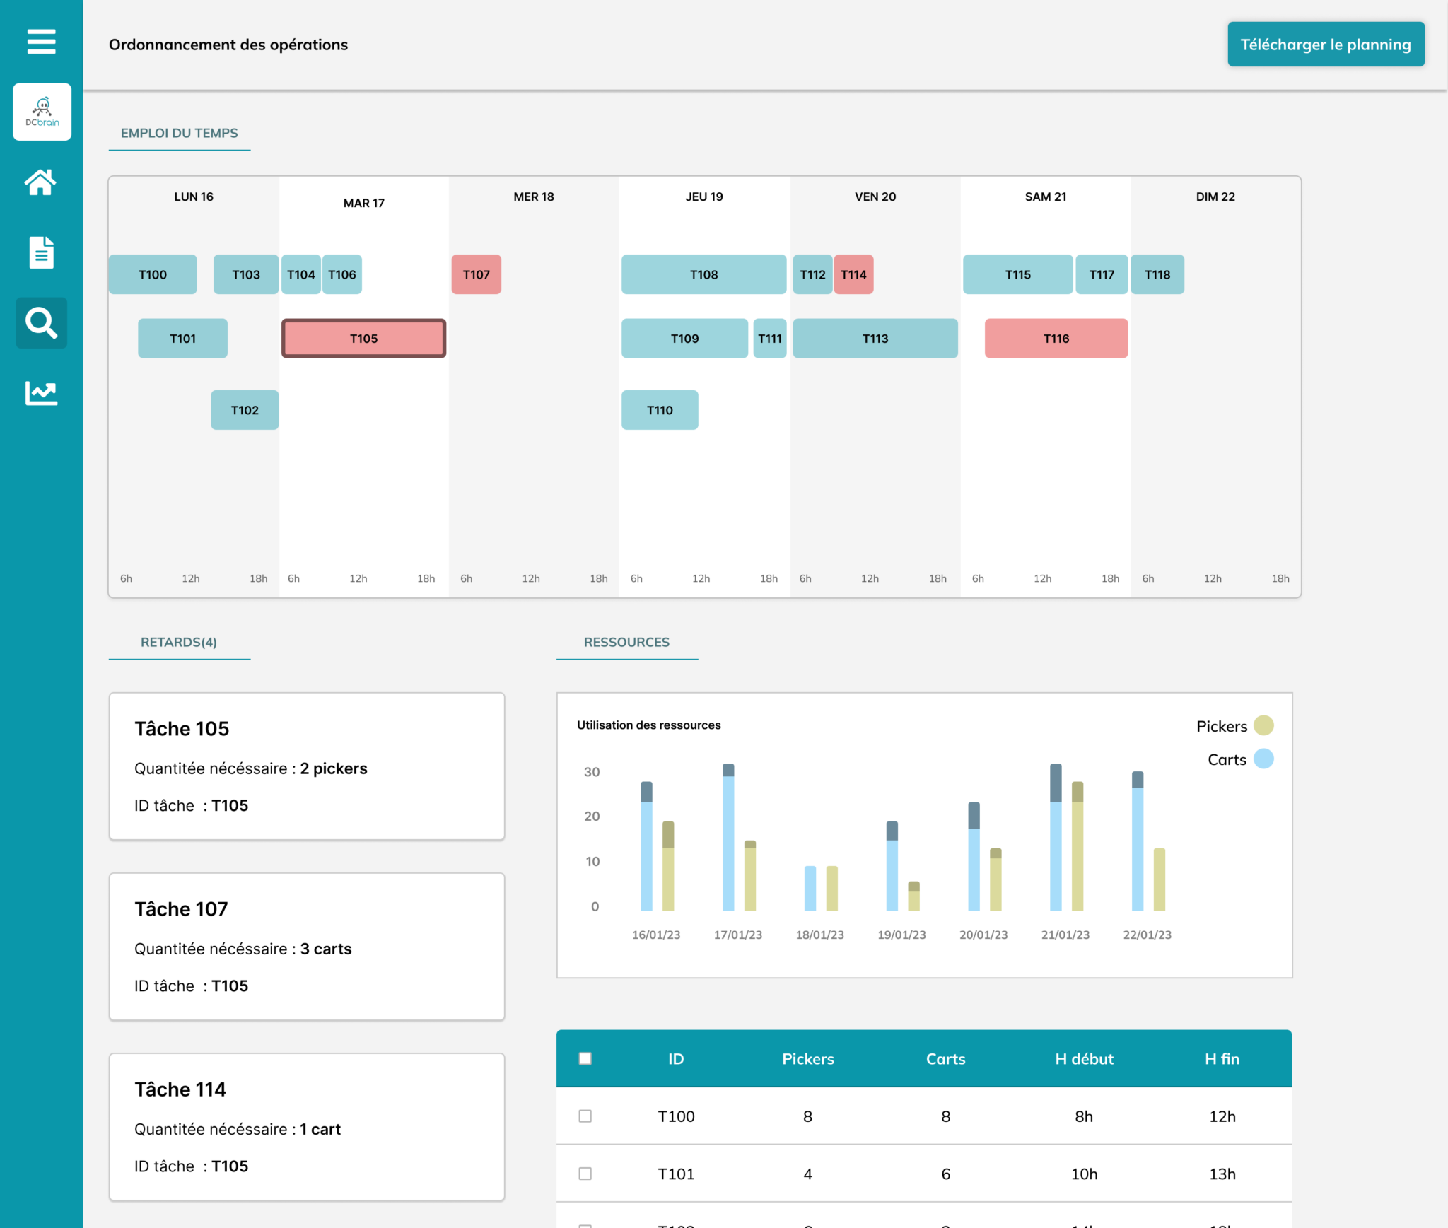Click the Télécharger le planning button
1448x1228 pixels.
[x=1326, y=45]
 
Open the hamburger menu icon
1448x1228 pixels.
[x=41, y=41]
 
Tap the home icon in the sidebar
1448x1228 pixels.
[x=41, y=182]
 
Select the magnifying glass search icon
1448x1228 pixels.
[x=41, y=323]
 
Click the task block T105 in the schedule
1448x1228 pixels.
[x=363, y=339]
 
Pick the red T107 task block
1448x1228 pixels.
[x=476, y=274]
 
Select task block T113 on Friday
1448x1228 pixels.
[x=875, y=339]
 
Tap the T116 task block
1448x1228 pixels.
[x=1056, y=339]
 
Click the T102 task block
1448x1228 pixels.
[x=245, y=410]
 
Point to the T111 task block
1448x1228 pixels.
[x=769, y=339]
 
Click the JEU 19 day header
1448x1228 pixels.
[x=704, y=197]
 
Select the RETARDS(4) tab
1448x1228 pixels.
[x=179, y=642]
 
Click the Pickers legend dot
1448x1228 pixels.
[x=1263, y=725]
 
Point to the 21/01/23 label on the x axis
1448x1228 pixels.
[x=1065, y=935]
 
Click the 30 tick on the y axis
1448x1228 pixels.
[x=592, y=772]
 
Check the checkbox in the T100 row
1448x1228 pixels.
[x=585, y=1116]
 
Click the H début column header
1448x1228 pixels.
[x=1084, y=1059]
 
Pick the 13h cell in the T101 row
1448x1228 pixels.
[x=1222, y=1174]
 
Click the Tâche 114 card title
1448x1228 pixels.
[x=180, y=1089]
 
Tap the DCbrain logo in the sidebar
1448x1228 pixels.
[x=42, y=112]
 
